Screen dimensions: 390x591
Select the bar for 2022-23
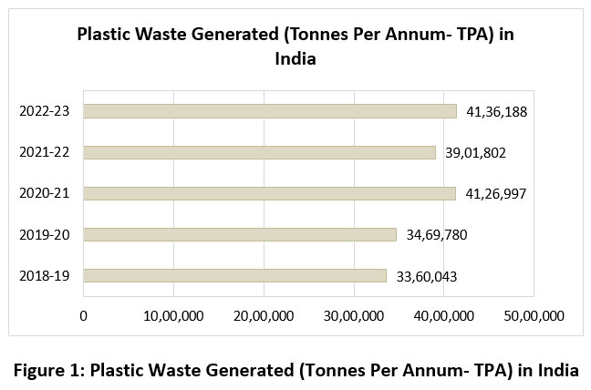tap(270, 111)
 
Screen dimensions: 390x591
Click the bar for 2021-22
tap(260, 152)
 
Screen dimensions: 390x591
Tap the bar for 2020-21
tap(270, 193)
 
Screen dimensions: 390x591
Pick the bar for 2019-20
tap(240, 234)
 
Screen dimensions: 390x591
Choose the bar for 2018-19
tap(235, 275)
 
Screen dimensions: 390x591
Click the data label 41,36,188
tap(497, 111)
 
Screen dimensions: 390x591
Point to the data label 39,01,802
tap(476, 152)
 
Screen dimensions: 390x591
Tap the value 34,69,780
tap(437, 234)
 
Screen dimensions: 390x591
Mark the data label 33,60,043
tap(427, 275)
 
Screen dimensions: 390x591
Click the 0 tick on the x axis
tap(84, 315)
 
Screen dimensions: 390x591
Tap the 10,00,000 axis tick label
tap(174, 315)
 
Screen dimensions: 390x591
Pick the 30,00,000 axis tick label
tap(354, 315)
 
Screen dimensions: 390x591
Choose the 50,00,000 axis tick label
tap(534, 315)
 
